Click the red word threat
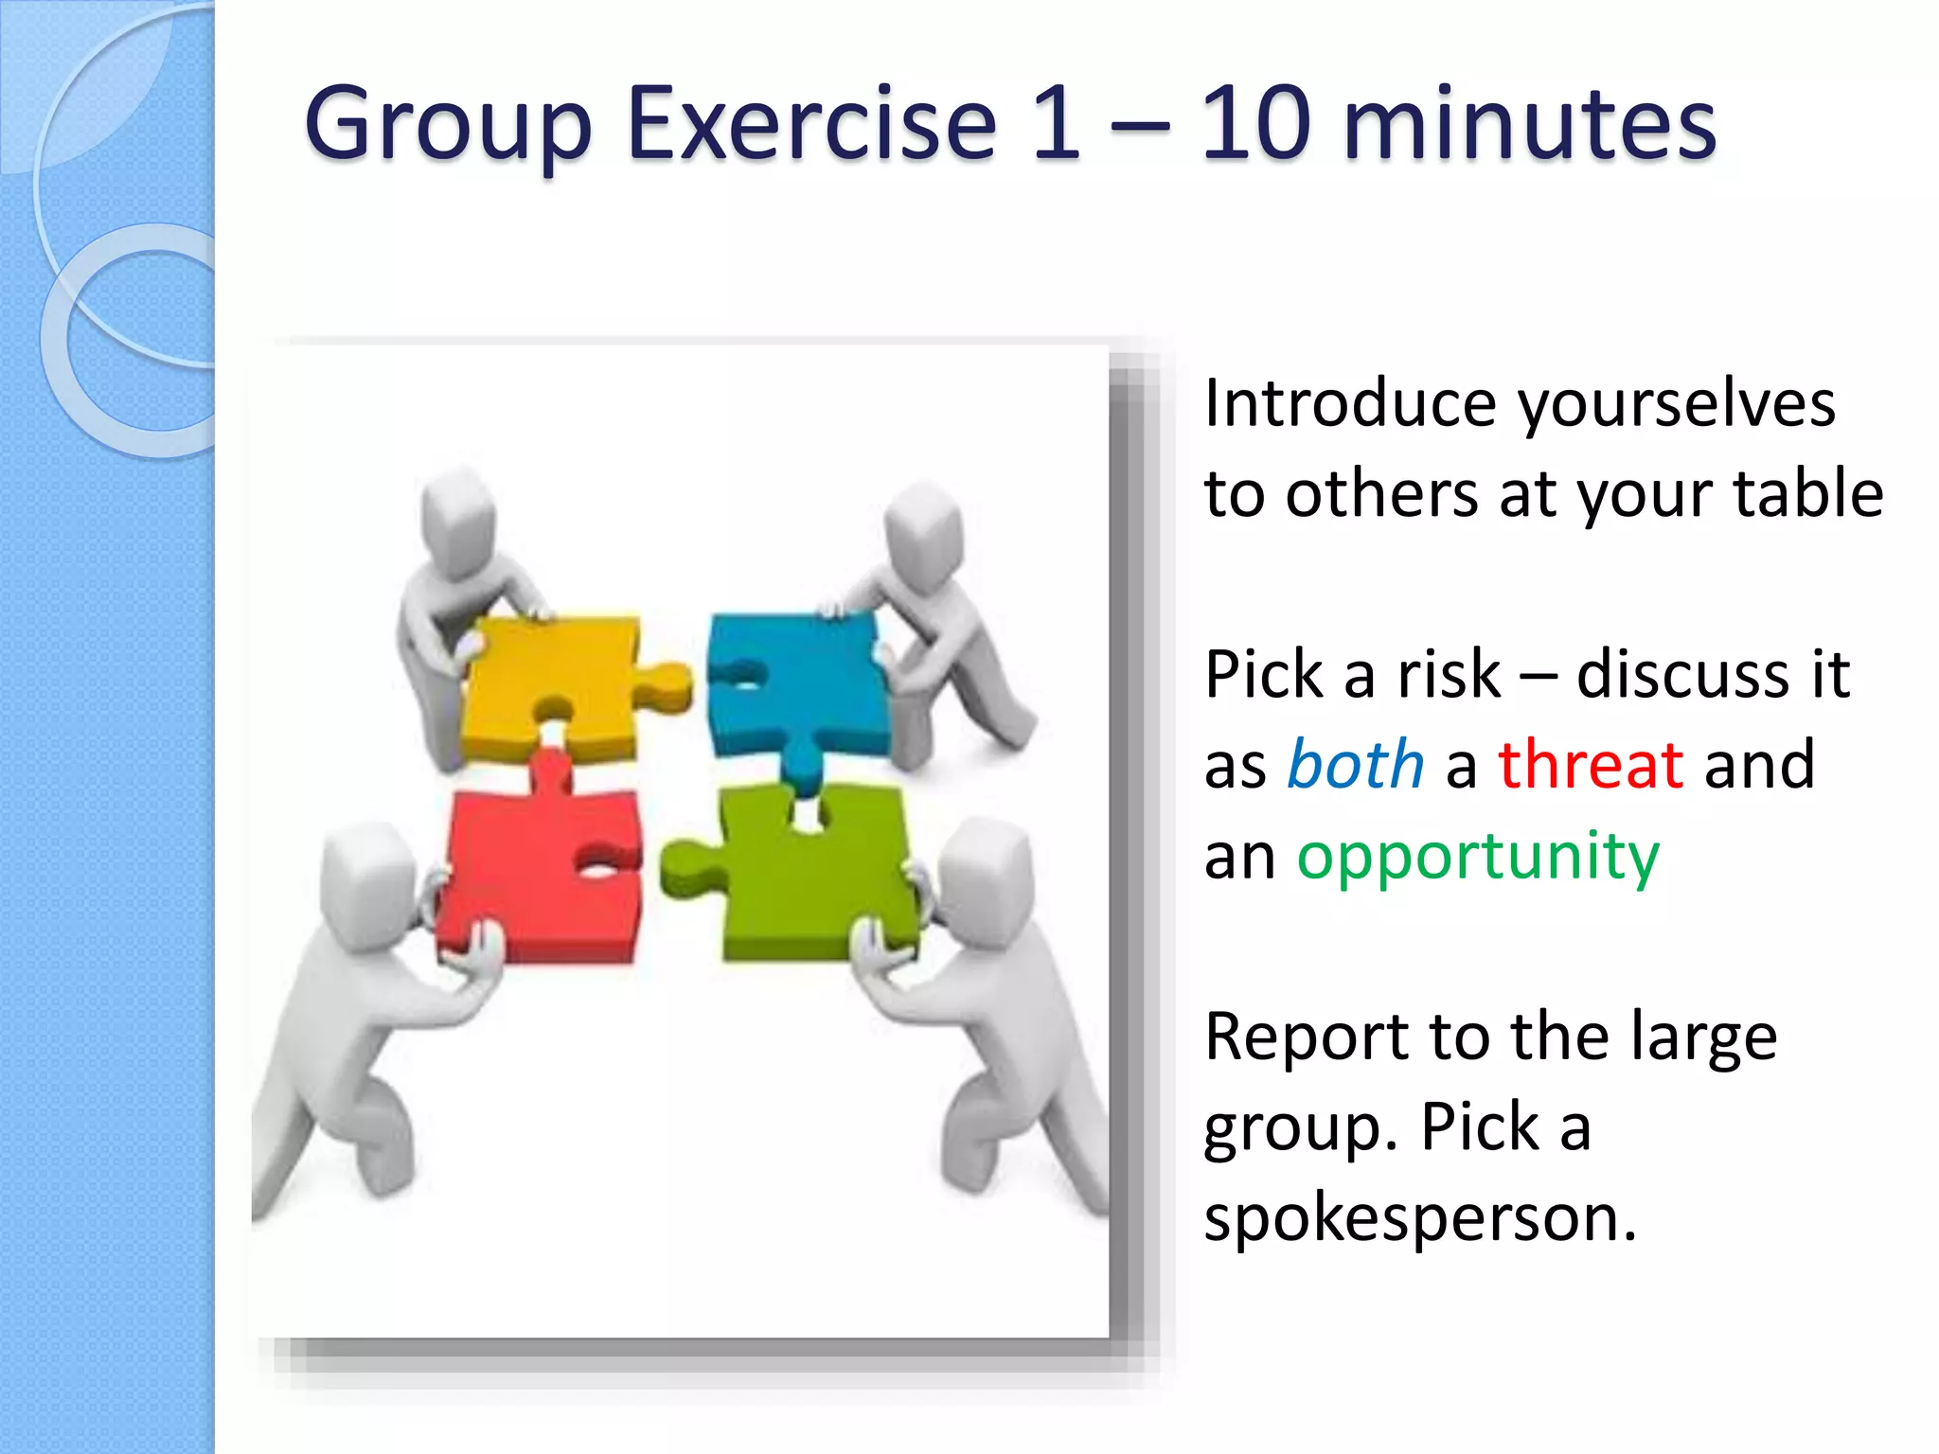[x=1591, y=764]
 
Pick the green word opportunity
[x=1478, y=857]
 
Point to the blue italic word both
[x=1355, y=764]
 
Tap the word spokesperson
[x=1419, y=1218]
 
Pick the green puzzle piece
[x=814, y=871]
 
